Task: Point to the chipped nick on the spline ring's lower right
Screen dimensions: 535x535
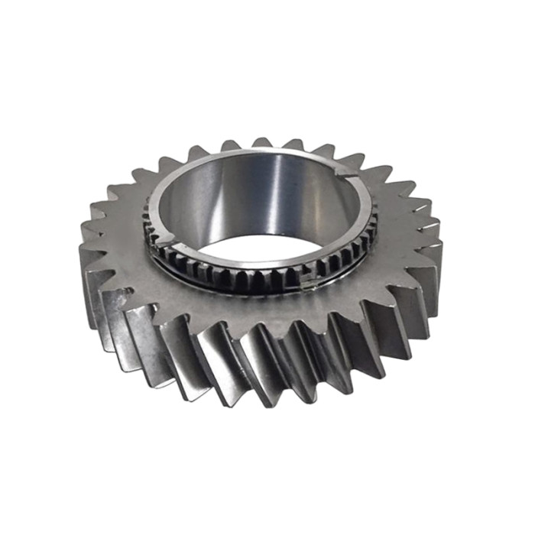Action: pos(308,285)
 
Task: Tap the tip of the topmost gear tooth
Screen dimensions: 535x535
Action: pos(261,142)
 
